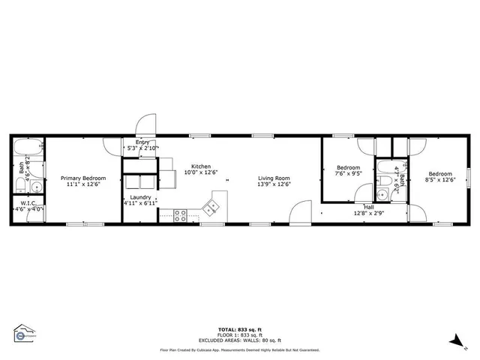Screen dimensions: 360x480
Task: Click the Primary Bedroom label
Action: tap(83, 178)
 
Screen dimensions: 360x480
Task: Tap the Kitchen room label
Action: tap(200, 166)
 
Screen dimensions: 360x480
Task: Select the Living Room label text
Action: tap(274, 178)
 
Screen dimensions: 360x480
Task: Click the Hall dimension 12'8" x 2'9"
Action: tap(368, 213)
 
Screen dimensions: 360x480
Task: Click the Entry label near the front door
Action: tap(142, 142)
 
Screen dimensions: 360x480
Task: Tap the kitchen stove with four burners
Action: tap(181, 215)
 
